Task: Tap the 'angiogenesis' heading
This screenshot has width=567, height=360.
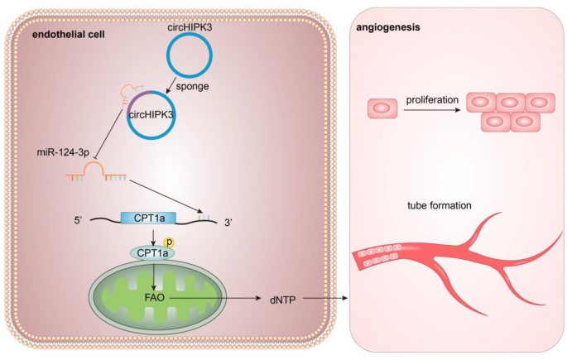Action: (388, 27)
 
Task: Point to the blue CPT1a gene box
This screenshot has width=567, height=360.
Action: (147, 218)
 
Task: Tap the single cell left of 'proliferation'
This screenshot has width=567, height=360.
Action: (383, 108)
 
